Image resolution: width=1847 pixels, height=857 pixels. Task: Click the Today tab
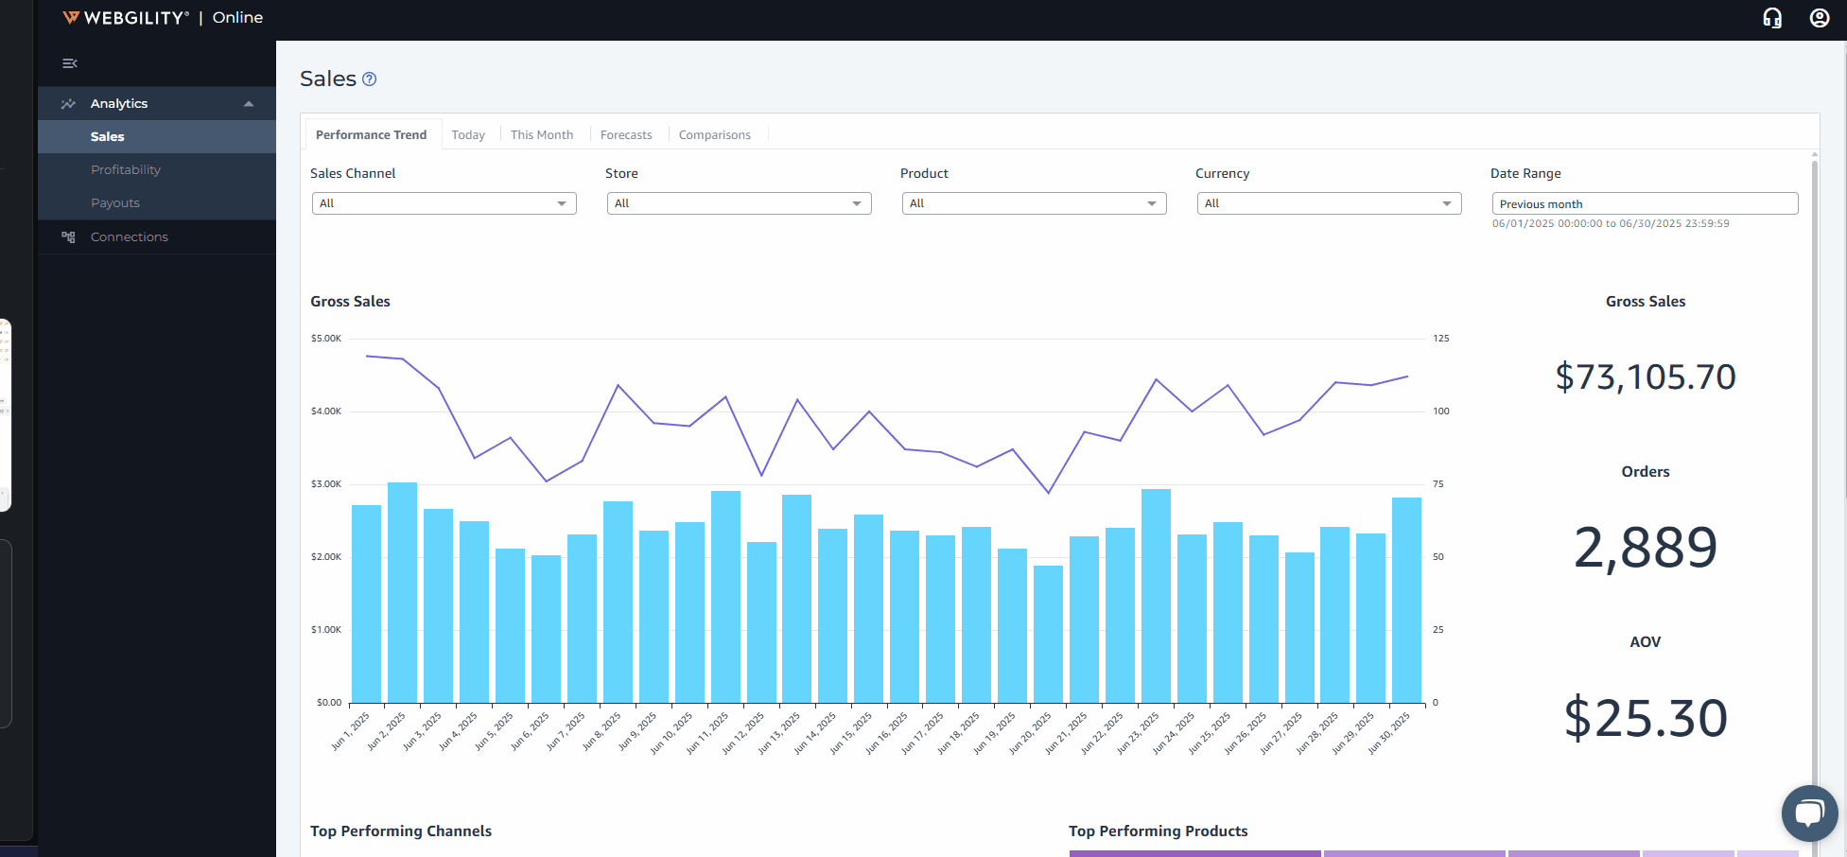pos(467,134)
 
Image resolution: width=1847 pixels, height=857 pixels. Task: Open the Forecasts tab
pos(625,134)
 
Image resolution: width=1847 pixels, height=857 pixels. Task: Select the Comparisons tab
pos(714,134)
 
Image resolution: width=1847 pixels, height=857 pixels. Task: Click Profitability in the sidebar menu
pos(126,169)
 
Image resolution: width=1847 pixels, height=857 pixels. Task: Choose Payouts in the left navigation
pos(115,202)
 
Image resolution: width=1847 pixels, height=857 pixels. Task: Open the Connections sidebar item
pos(129,236)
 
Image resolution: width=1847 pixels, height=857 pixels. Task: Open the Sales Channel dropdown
pos(444,203)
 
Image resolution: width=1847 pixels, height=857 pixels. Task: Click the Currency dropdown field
pos(1329,203)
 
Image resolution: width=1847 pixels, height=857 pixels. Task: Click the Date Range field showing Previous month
pos(1645,203)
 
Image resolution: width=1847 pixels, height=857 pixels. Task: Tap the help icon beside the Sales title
pos(370,79)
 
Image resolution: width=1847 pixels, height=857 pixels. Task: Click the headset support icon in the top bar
pos(1772,18)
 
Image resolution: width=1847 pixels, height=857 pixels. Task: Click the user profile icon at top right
pos(1819,18)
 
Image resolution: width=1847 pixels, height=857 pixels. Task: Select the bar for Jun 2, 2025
pos(402,592)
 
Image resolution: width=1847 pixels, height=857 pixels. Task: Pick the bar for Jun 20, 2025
pos(1048,634)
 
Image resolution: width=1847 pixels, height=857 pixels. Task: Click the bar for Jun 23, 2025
pos(1156,596)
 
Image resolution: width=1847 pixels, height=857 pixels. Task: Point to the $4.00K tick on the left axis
pos(326,411)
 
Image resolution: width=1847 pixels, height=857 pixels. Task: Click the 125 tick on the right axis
pos(1440,338)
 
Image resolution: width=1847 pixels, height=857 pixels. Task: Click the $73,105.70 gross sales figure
pos(1645,376)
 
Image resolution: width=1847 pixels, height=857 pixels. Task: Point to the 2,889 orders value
pos(1645,547)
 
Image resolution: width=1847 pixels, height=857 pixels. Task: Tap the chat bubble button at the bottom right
pos(1809,813)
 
